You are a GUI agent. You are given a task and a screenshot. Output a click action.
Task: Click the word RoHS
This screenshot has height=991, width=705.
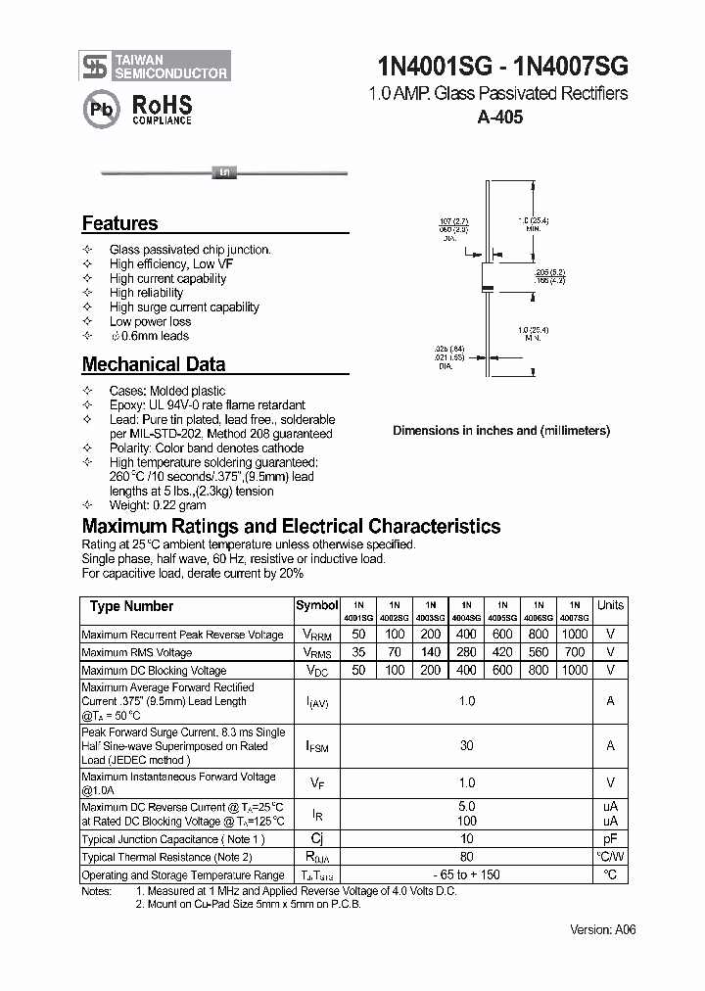[162, 104]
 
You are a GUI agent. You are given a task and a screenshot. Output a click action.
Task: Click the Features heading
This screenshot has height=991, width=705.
[119, 223]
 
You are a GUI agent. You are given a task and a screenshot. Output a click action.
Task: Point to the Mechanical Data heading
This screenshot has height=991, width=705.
[154, 364]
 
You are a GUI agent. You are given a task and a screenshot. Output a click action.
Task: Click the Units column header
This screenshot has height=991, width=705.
[610, 606]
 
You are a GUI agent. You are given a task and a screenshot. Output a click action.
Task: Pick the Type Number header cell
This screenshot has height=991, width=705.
[131, 606]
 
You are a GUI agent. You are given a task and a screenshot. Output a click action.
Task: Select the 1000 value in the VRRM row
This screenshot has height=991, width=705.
[575, 634]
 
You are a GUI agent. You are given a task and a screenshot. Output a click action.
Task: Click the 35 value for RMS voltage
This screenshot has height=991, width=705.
[358, 652]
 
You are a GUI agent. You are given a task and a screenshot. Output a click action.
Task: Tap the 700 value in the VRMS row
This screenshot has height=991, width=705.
[575, 652]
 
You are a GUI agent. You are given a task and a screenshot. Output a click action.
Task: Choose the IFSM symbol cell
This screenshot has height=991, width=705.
[317, 746]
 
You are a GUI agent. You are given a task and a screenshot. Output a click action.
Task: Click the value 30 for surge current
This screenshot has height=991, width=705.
[466, 746]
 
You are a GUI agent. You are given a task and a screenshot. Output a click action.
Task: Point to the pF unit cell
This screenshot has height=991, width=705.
[610, 839]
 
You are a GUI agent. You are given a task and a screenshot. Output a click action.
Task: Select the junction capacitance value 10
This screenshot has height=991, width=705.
[466, 839]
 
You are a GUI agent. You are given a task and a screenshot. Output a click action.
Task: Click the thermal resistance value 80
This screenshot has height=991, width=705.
[466, 857]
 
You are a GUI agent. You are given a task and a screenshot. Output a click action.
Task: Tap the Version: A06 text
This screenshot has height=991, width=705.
[603, 929]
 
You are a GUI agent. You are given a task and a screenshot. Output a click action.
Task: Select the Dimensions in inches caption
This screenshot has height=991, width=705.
[501, 430]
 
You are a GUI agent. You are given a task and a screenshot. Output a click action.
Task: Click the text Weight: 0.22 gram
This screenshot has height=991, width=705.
[158, 505]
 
